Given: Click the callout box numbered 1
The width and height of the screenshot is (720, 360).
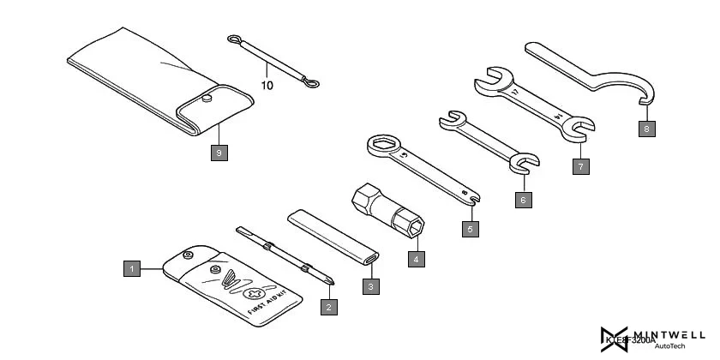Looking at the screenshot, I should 131,268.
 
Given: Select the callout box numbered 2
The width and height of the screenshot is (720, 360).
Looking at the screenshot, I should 327,304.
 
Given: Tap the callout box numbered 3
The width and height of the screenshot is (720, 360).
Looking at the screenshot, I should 370,285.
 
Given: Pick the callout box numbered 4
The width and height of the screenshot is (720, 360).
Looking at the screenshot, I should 415,256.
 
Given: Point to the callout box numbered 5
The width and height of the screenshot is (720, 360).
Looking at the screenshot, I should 470,229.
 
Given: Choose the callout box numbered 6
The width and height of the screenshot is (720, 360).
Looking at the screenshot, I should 524,199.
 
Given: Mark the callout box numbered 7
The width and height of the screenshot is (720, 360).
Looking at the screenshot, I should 581,166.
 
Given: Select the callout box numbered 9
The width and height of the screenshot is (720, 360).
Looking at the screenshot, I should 219,153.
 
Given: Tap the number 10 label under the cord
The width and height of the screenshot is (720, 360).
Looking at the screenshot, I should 267,86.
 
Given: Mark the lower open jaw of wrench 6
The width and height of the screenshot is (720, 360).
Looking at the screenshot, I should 525,161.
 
